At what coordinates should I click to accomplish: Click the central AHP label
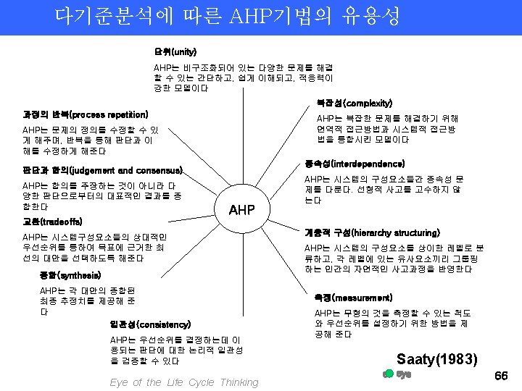click(241, 210)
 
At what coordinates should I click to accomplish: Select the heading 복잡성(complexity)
click(354, 104)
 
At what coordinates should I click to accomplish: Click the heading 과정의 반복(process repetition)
click(86, 114)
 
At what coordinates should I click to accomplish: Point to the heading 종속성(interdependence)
click(355, 164)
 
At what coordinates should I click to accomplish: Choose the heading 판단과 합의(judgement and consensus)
click(102, 171)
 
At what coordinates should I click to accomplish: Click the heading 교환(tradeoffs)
click(53, 221)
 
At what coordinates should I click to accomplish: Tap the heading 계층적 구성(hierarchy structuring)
click(372, 232)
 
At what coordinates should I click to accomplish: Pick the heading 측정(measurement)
click(353, 298)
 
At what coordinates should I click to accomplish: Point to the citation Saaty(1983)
click(437, 358)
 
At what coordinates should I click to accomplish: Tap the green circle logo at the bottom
click(388, 374)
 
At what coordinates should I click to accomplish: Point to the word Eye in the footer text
click(119, 382)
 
